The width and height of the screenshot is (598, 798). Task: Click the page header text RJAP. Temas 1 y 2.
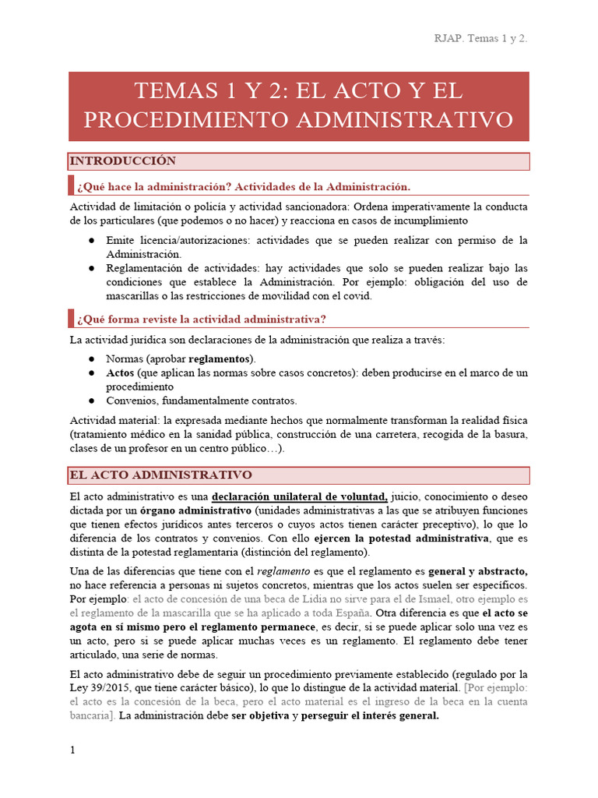(480, 38)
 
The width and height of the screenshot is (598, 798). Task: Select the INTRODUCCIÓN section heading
(123, 161)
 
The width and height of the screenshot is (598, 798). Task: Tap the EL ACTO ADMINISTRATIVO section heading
(160, 475)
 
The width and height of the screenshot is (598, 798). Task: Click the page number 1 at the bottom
(72, 750)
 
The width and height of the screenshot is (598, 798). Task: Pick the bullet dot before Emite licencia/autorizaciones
(92, 240)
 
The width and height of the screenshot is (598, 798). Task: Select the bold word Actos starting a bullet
(121, 373)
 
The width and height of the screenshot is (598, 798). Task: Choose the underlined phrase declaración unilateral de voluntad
(300, 496)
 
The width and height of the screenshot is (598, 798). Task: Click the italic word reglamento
(290, 571)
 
